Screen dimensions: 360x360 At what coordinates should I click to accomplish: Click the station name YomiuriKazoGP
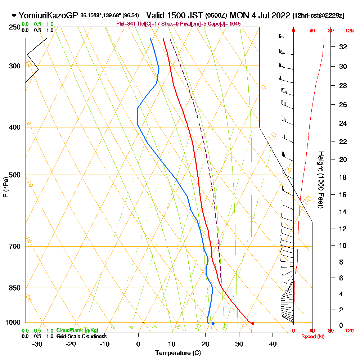point(48,15)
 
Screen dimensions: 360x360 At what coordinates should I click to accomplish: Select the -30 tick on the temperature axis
point(37,344)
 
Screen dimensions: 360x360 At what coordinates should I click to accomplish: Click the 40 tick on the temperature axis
point(273,344)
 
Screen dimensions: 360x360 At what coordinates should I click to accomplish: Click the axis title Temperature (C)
point(178,353)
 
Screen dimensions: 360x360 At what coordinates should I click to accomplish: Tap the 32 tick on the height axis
point(343,46)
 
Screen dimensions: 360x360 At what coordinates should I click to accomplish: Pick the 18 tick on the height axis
point(343,177)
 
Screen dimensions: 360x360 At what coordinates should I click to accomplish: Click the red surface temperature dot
point(253,323)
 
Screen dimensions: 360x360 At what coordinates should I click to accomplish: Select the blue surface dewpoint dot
point(213,323)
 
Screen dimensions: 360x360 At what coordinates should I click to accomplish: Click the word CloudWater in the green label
point(67,330)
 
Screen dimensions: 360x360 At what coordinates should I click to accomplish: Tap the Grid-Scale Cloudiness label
point(81,336)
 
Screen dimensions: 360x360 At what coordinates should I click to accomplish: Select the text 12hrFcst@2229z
point(319,16)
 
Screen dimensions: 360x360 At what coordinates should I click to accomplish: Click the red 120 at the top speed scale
point(349,31)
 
